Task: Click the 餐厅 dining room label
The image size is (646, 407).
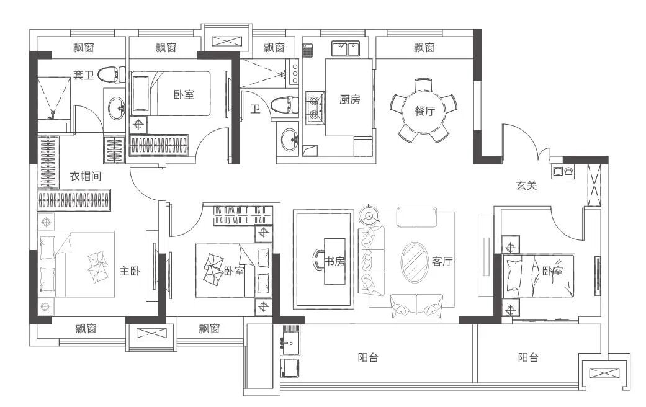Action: click(x=424, y=111)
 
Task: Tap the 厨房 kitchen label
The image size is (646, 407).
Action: click(x=350, y=99)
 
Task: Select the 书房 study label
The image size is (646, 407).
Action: click(x=334, y=261)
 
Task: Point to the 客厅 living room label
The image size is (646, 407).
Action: click(x=442, y=261)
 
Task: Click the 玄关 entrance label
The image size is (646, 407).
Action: click(x=526, y=186)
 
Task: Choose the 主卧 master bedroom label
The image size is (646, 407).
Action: click(x=130, y=271)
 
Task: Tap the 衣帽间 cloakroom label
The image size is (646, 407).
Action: click(x=85, y=176)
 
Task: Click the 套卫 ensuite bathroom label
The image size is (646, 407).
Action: click(x=84, y=75)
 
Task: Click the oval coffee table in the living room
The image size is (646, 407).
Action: click(x=415, y=262)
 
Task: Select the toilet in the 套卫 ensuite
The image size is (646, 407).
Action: click(x=112, y=74)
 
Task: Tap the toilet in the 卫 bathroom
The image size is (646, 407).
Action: click(x=285, y=105)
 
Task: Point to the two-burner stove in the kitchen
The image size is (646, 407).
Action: click(x=314, y=107)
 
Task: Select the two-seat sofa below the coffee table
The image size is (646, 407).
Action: click(x=416, y=306)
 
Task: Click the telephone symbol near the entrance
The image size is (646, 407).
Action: click(x=569, y=171)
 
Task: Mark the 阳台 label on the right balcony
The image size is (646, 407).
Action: click(x=528, y=357)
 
